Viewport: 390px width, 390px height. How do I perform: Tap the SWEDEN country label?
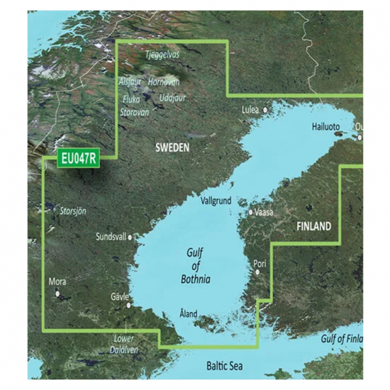coord(172,147)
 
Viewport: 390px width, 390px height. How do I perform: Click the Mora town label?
coord(58,281)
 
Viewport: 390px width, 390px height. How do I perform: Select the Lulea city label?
coord(252,109)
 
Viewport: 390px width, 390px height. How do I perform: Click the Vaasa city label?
coord(264,212)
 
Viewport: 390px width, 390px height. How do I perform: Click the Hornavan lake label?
coord(164,81)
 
